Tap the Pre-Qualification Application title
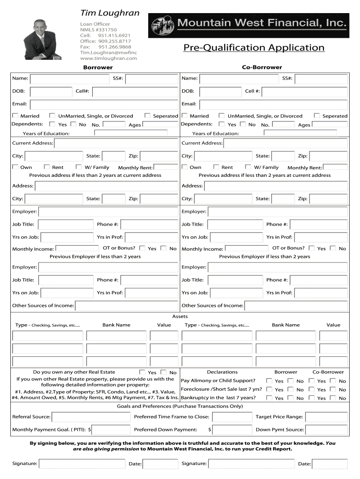(253, 48)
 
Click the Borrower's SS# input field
(151, 79)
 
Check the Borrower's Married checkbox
(15, 116)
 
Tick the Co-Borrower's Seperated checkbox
(317, 116)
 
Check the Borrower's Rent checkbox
(47, 167)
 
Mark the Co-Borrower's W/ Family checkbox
(248, 167)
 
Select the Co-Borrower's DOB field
(219, 91)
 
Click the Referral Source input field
(91, 417)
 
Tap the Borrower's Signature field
(82, 464)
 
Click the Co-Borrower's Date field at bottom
(330, 464)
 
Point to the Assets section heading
(180, 317)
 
